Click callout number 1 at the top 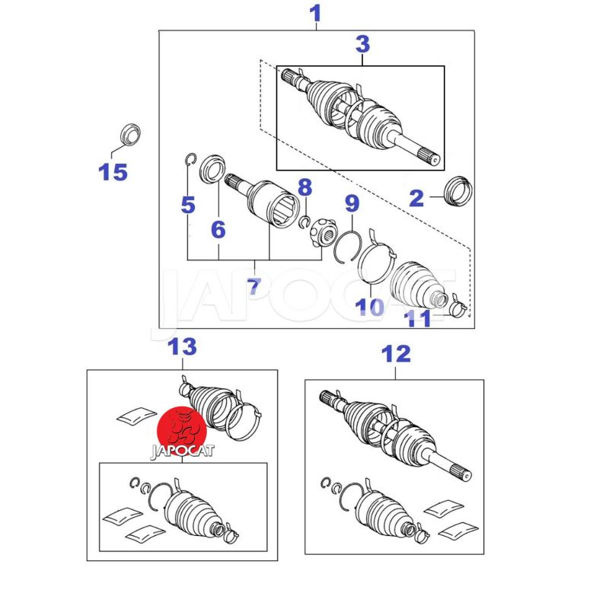315,14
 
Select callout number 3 363,44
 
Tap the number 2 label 416,198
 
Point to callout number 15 113,172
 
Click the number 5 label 188,205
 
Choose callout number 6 218,229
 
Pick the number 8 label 305,187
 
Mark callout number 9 352,203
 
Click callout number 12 396,354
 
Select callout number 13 182,346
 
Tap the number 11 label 417,318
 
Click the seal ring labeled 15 130,135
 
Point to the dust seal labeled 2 458,191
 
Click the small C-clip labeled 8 304,222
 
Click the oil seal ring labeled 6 212,168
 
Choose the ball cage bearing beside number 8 323,232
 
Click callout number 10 370,307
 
